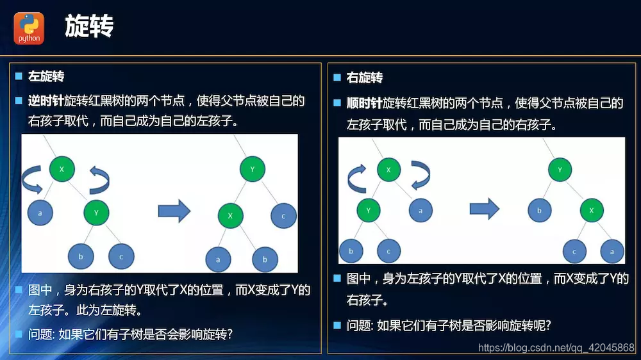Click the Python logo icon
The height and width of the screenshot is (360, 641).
[29, 28]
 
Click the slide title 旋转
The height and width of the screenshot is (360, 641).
[89, 27]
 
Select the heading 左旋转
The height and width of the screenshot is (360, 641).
[46, 77]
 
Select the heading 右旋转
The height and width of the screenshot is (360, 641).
[365, 78]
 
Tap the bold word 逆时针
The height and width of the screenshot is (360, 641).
[46, 101]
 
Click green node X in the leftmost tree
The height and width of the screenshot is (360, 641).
[62, 169]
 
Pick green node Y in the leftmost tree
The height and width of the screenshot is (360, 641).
[97, 212]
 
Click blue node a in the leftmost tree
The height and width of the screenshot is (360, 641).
[40, 212]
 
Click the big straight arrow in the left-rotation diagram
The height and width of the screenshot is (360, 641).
[174, 210]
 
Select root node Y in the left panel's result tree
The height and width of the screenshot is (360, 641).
[253, 170]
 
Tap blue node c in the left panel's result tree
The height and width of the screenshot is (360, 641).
[283, 216]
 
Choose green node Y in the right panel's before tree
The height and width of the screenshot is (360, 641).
[369, 209]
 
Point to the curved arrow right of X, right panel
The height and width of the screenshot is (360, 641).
[420, 174]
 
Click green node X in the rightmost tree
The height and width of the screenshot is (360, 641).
[592, 210]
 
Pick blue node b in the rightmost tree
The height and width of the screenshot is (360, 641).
[540, 210]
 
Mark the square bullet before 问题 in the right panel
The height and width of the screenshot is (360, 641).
[337, 325]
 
